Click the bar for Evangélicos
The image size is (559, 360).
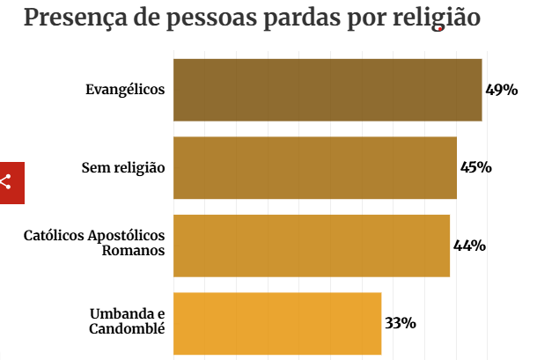[x=327, y=90]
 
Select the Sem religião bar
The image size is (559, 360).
[x=315, y=167]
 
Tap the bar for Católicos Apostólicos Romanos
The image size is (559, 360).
[x=312, y=246]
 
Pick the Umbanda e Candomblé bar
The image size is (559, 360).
[x=277, y=323]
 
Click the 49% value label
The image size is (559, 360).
[x=501, y=90]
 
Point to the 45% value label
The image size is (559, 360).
[x=475, y=167]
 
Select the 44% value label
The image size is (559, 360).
[x=469, y=246]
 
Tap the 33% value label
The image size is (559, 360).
[x=400, y=323]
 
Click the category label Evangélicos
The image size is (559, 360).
[x=125, y=90]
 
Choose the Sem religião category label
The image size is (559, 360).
[x=123, y=167]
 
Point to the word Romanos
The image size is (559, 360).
[x=134, y=251]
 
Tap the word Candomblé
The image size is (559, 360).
[x=128, y=329]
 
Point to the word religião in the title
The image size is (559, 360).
[x=437, y=18]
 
